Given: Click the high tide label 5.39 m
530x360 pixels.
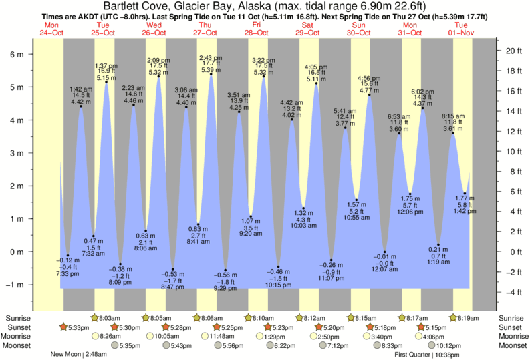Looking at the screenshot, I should (x=211, y=70).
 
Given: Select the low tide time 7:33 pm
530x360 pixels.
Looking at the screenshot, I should (x=67, y=273).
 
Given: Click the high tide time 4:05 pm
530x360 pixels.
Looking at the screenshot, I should (x=315, y=67).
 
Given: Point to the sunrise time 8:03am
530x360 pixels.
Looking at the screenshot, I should (x=110, y=318).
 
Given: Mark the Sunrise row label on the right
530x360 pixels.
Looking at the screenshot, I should (x=511, y=318).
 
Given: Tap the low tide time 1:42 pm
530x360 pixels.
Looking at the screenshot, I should (x=464, y=211).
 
